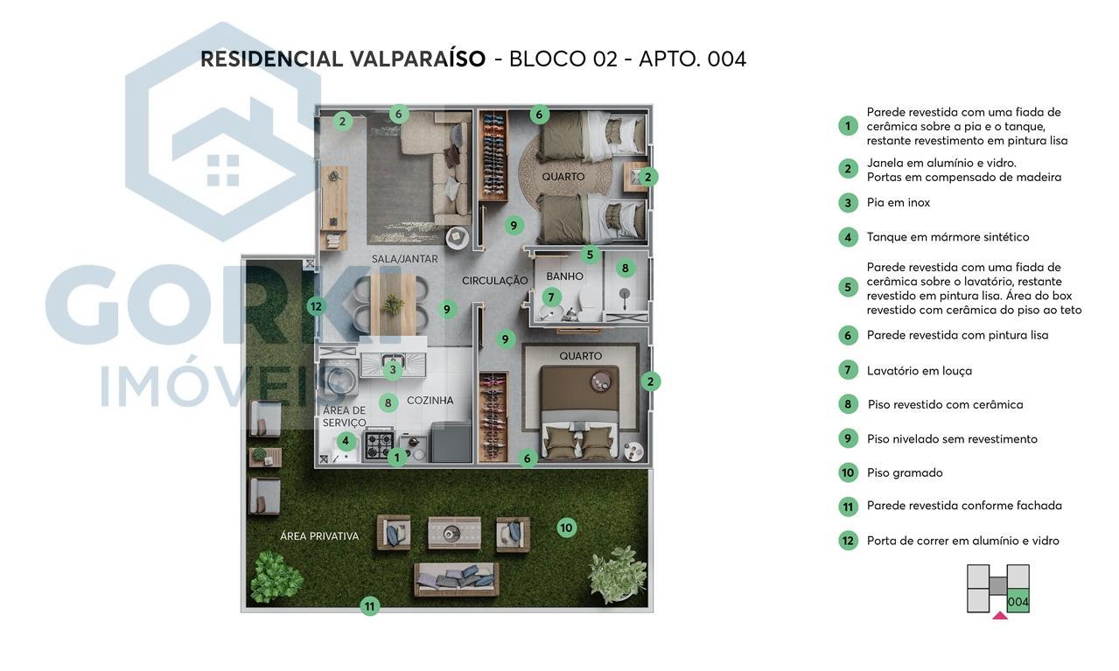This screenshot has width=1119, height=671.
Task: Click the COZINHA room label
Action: coord(430,401)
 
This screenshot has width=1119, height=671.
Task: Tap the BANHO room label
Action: coord(564,276)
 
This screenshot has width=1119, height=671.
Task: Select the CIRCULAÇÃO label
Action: coord(495,281)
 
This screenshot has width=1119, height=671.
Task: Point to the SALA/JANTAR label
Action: coord(404,259)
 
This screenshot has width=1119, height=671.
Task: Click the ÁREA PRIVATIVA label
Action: coord(319,536)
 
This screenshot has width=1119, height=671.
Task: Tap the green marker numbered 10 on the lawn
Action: coord(566,528)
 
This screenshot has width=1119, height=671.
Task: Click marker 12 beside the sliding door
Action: coord(316,306)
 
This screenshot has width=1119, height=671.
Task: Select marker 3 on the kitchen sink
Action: coord(393,370)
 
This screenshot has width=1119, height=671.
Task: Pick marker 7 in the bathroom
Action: coord(551,297)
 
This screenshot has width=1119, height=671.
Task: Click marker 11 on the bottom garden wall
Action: coord(370,605)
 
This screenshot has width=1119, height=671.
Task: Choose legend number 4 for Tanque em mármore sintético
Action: coord(847,237)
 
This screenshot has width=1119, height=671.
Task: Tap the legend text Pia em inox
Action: coord(898,203)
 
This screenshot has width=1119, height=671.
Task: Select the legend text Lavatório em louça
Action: coord(919,371)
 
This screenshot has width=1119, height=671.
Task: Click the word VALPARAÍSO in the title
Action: coord(417,59)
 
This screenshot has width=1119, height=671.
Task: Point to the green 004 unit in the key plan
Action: coord(1018,602)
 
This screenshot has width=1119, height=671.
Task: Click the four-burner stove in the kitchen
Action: coord(379,444)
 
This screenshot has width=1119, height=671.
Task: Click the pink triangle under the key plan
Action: coord(1000,616)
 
